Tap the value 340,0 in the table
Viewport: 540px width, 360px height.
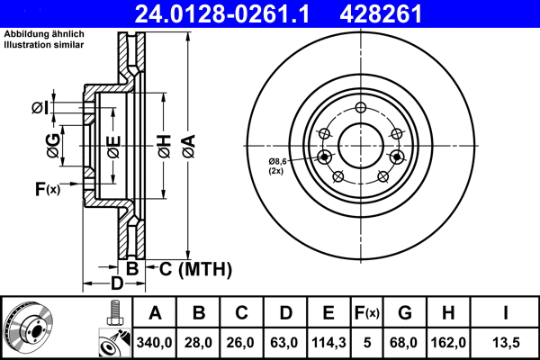(155, 342)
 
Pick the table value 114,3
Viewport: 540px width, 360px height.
(328, 342)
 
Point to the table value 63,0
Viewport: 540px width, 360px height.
(285, 342)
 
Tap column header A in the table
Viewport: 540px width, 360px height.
(155, 314)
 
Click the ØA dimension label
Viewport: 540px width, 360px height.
(187, 143)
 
